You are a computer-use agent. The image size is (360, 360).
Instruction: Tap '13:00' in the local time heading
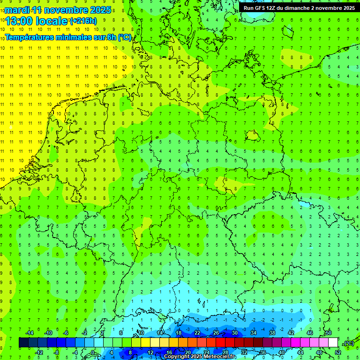[19, 22]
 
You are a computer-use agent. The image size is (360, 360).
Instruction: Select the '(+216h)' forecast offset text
[83, 21]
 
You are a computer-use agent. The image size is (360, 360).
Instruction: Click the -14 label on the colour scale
[30, 332]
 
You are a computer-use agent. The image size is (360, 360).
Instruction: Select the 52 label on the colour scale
[338, 352]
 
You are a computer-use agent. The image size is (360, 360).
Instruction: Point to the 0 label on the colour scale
[92, 352]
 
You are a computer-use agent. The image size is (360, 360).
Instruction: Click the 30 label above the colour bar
[234, 332]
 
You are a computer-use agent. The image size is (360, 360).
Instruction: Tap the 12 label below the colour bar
[150, 352]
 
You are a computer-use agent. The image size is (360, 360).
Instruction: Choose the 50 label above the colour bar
[328, 332]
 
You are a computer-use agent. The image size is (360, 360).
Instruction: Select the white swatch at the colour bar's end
[333, 343]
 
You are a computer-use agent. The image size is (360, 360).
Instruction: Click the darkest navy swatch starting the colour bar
[23, 343]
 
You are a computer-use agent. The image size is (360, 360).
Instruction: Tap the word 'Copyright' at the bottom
[177, 357]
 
